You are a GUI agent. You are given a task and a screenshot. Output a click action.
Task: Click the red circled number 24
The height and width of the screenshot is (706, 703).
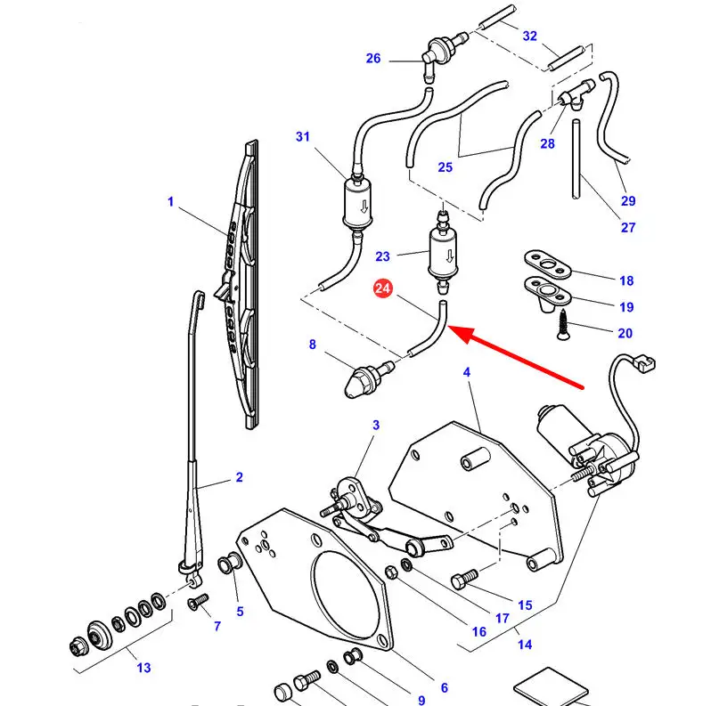pos(382,288)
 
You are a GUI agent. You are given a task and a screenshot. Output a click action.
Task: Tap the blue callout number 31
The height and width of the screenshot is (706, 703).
pos(303,136)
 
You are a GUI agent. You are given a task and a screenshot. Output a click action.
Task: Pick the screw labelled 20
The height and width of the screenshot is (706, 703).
pos(562,324)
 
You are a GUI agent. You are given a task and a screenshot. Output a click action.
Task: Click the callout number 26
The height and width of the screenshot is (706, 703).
pos(373,58)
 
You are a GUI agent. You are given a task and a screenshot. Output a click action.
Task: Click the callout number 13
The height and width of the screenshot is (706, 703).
pos(143,668)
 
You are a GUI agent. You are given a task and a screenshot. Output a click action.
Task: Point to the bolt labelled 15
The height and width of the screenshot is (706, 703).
pos(463,580)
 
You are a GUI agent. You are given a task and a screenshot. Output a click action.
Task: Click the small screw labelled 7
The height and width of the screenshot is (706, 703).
pos(198,602)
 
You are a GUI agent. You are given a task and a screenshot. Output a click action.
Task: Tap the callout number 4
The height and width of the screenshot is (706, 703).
pos(466,372)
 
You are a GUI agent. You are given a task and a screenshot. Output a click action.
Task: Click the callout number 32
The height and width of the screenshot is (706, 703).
pos(530,36)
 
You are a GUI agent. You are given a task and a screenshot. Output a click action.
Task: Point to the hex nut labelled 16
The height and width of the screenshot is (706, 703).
pos(391,572)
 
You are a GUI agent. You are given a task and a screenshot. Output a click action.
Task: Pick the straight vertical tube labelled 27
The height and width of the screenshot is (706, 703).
pos(576,159)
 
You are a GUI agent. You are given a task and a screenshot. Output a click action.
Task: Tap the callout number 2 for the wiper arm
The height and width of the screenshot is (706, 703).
pos(240,477)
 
